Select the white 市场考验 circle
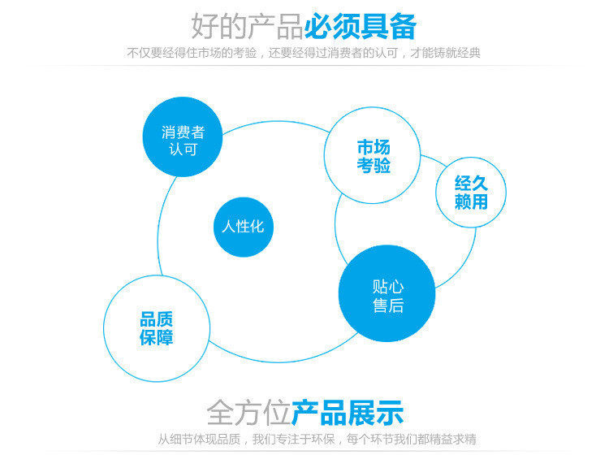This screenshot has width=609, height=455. click(x=374, y=156)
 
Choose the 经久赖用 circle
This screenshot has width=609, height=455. click(x=471, y=192)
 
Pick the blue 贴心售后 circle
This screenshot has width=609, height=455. click(x=388, y=294)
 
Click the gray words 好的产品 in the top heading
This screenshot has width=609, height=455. click(x=248, y=26)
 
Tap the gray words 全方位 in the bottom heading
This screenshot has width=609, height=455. click(x=248, y=412)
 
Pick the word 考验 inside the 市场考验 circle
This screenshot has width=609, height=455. click(x=374, y=167)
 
